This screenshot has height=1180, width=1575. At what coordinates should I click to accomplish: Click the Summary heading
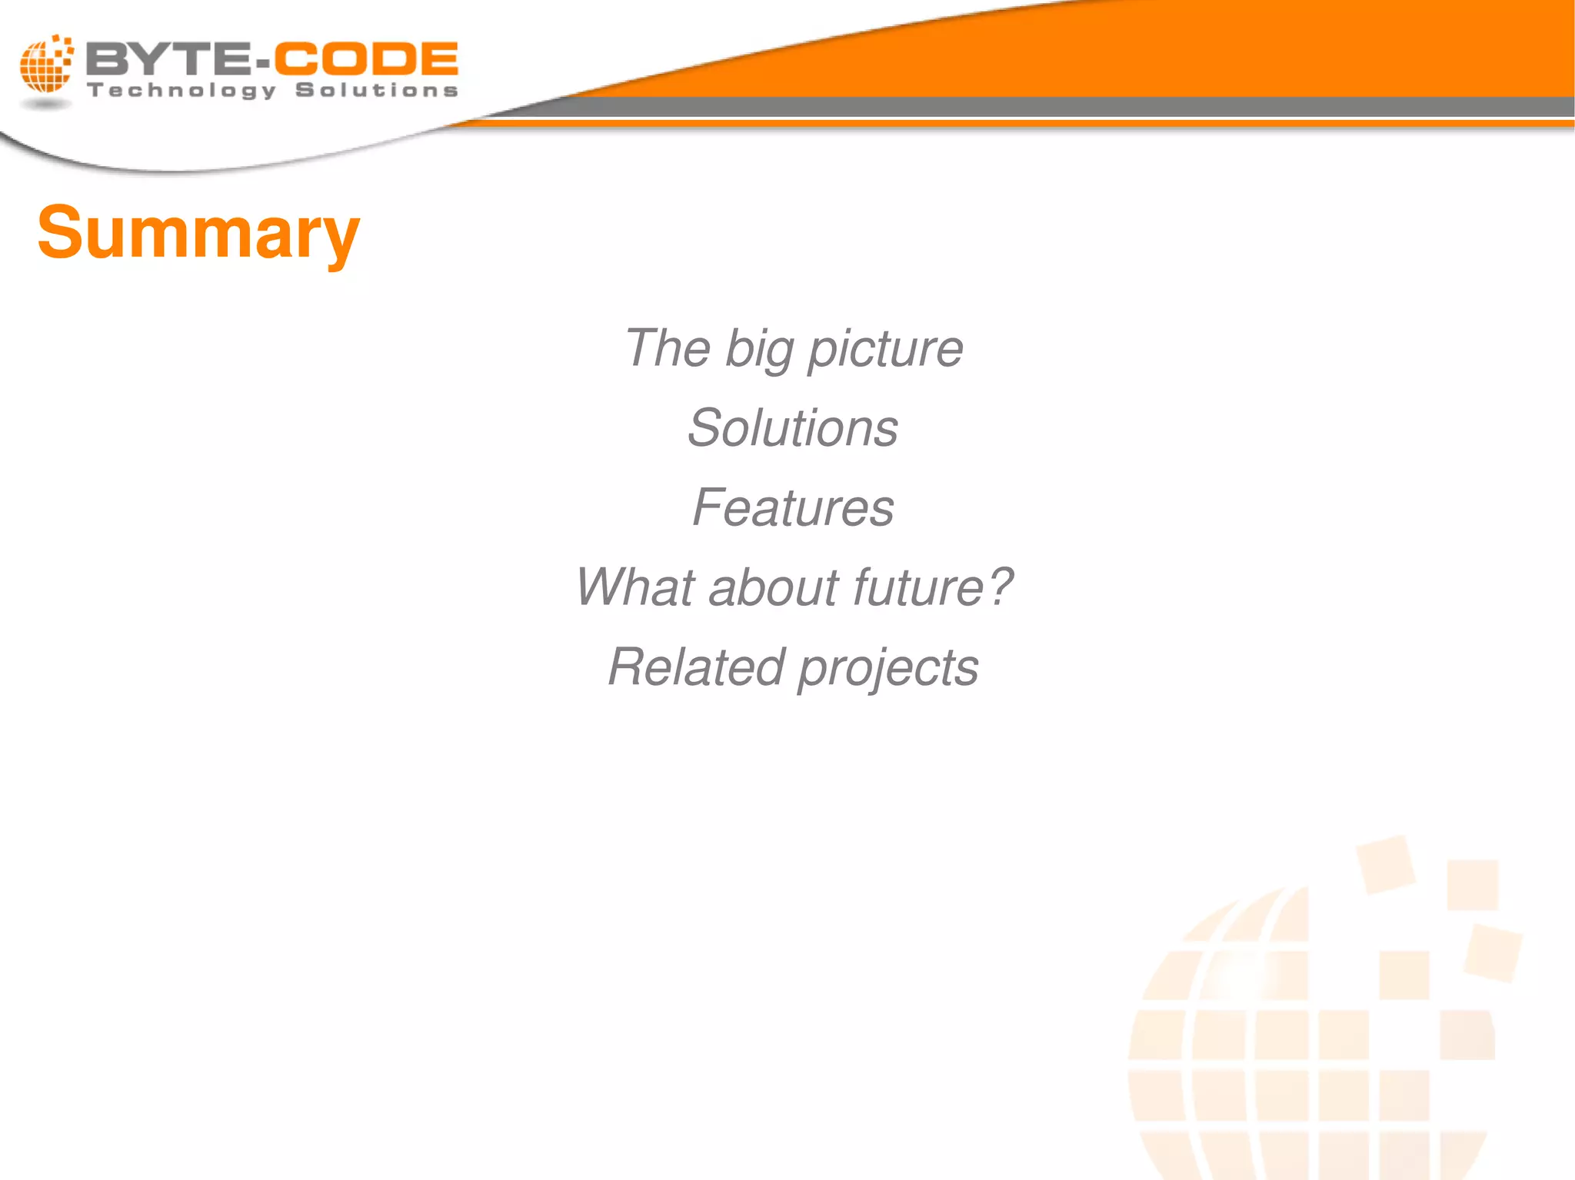(198, 233)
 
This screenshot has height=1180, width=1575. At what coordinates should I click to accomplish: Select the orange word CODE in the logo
(366, 59)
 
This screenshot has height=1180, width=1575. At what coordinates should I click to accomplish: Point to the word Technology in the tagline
(181, 91)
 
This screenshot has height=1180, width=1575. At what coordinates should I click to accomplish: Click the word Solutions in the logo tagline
(377, 90)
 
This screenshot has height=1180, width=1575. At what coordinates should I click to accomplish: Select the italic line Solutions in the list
(793, 428)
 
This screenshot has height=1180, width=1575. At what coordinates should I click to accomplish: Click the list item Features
(793, 508)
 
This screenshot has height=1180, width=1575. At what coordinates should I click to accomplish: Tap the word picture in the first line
(885, 350)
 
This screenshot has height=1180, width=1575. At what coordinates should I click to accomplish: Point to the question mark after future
(1000, 586)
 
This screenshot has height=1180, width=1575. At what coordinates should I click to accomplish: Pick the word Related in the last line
(696, 667)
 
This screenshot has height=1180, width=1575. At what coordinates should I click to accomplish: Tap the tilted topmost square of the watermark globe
(1385, 865)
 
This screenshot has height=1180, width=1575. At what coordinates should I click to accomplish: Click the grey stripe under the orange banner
(1077, 108)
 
